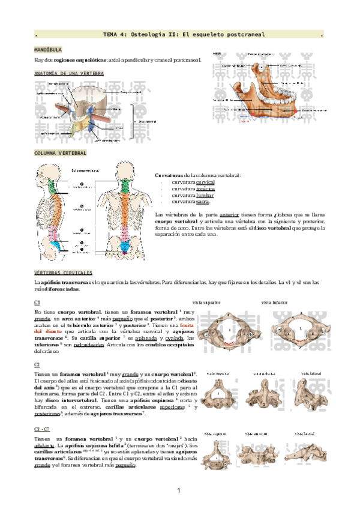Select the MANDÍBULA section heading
tap(47, 49)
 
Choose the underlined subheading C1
tap(37, 303)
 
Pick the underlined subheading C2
tap(37, 364)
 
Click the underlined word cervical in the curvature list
tap(205, 182)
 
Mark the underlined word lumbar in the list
tap(205, 195)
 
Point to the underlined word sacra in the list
tap(203, 202)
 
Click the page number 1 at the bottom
tap(179, 492)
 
